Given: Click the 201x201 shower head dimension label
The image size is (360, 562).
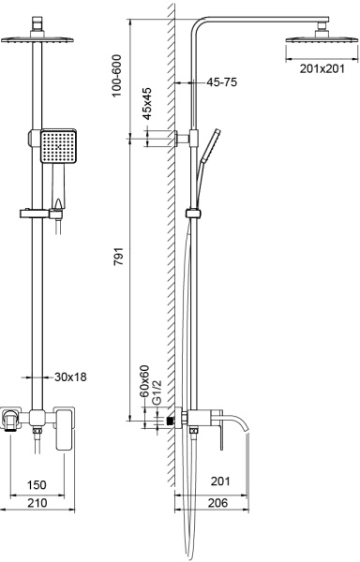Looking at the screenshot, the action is [322, 68].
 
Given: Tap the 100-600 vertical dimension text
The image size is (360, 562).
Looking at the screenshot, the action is [117, 76].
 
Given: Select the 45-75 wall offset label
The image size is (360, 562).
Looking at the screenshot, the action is [222, 82].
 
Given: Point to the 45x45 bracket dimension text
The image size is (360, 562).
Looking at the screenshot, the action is [147, 103].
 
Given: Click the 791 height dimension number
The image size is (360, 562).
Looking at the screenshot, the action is [119, 256].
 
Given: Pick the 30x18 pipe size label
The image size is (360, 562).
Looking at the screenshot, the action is [70, 377].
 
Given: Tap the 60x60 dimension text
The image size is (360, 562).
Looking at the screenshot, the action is [143, 380].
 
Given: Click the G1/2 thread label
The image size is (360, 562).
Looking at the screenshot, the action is [157, 392].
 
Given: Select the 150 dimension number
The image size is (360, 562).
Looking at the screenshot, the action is [37, 484].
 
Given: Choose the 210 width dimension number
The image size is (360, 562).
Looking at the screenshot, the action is [37, 502].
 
